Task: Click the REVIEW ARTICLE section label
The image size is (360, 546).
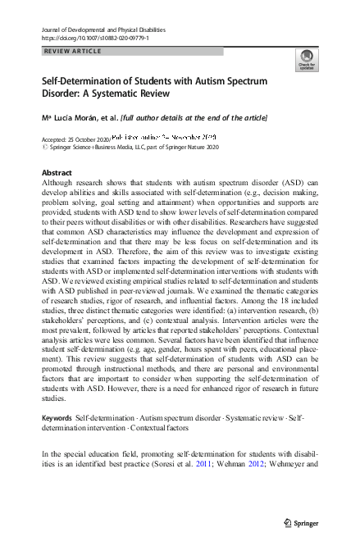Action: tap(71, 51)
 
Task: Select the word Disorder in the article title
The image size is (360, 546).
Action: tap(63, 97)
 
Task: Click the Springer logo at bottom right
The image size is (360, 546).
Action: tap(301, 521)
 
